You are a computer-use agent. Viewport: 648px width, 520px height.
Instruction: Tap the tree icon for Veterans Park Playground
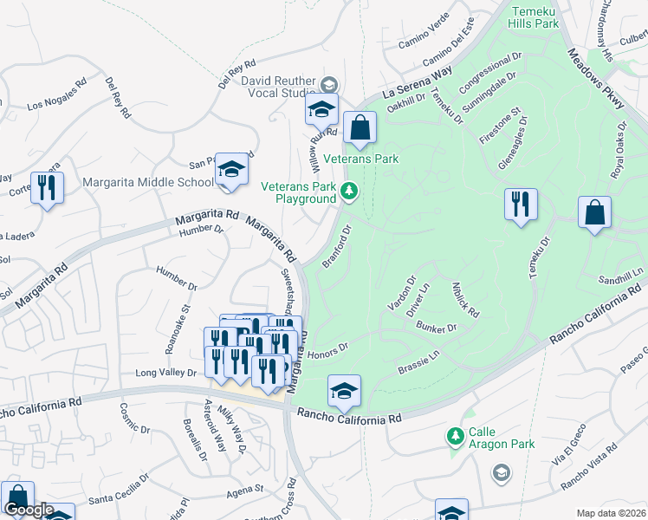click(x=349, y=192)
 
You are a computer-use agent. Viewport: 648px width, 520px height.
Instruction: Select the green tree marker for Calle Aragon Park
click(x=455, y=435)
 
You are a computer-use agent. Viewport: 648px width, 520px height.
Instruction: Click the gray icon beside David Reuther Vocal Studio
click(x=328, y=85)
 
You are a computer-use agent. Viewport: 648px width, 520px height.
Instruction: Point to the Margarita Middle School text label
click(x=147, y=182)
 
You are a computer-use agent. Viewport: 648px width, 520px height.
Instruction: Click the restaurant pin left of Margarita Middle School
click(x=47, y=188)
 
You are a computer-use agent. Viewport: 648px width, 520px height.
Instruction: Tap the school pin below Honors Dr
click(x=344, y=392)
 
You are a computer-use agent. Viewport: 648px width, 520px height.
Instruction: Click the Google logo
click(x=28, y=510)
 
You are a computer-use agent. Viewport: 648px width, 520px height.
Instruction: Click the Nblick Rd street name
click(x=465, y=299)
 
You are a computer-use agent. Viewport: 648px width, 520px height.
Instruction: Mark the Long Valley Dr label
click(x=166, y=373)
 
